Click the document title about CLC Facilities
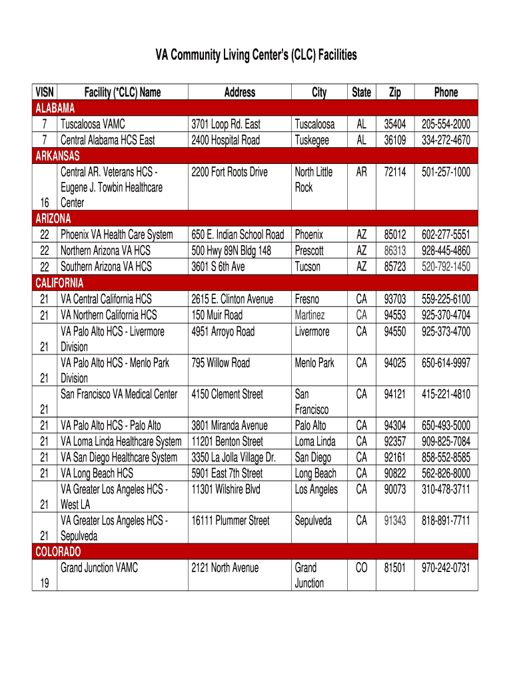(x=256, y=55)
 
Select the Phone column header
(x=446, y=93)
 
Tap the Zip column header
(x=395, y=93)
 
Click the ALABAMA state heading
(x=55, y=109)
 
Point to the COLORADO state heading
(x=58, y=552)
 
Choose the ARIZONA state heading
(x=53, y=218)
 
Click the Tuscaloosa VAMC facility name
(x=93, y=125)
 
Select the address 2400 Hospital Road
(x=225, y=141)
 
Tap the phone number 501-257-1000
(x=446, y=172)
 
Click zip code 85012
(x=395, y=235)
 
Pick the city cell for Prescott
(x=309, y=251)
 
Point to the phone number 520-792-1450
(x=446, y=267)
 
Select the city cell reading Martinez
(x=310, y=315)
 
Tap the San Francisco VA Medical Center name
(x=119, y=394)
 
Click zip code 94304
(x=395, y=426)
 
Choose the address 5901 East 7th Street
(x=227, y=474)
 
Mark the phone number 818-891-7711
(x=446, y=521)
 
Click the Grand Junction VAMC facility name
(x=99, y=568)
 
